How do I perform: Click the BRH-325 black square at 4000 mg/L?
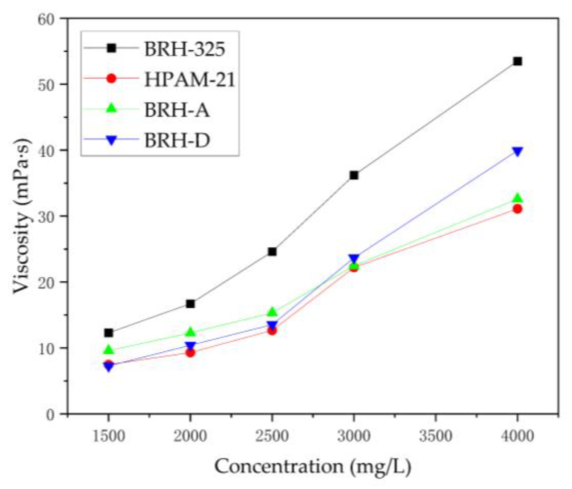point(517,62)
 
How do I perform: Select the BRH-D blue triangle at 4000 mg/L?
point(517,151)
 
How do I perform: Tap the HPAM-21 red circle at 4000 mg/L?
point(517,209)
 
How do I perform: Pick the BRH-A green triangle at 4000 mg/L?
point(517,198)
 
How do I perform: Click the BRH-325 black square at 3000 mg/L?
point(354,175)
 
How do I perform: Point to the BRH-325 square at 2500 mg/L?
point(272,252)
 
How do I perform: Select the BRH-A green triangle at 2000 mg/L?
point(190,332)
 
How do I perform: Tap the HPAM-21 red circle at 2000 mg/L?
point(190,352)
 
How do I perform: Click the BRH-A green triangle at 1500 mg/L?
point(109,349)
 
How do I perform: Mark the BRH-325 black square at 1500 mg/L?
point(109,332)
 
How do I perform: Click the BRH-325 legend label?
point(184,49)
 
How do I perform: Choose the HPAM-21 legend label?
point(190,79)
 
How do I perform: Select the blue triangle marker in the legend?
point(111,140)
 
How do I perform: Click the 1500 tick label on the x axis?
point(109,436)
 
